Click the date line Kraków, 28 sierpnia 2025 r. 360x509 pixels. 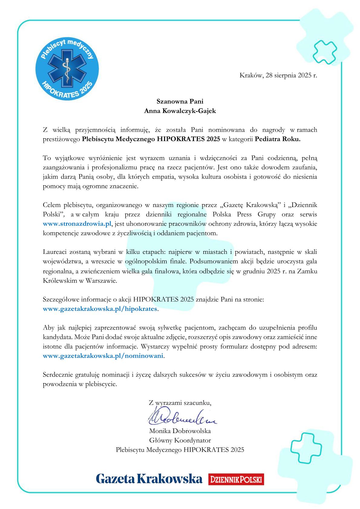tap(278, 75)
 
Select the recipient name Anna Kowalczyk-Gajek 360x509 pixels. tap(180, 111)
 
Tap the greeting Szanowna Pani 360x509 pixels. tap(180, 101)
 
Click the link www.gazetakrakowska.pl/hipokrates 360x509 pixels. tap(100, 309)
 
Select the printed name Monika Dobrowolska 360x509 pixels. tap(180, 431)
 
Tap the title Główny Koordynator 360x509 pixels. tap(180, 440)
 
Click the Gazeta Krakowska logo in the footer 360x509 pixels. tap(149, 479)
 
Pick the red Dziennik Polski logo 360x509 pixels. tap(236, 479)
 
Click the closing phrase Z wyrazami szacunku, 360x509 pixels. tap(180, 402)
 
